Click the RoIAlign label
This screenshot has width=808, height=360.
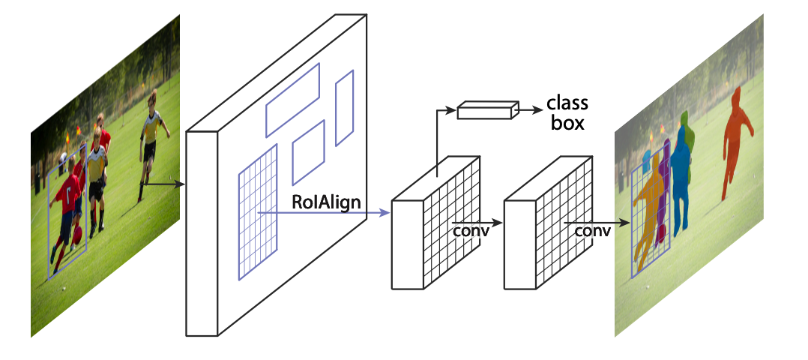(x=326, y=201)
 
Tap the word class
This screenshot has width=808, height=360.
(x=567, y=103)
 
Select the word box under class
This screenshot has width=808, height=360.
(x=567, y=122)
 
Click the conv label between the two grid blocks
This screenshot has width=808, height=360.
(x=471, y=230)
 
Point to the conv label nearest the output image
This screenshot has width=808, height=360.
(x=592, y=230)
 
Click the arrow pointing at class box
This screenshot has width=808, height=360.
(x=529, y=109)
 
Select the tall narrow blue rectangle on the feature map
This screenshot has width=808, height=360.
(x=344, y=108)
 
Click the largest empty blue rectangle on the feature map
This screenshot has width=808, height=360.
(x=292, y=99)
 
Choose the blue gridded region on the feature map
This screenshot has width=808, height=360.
(x=257, y=212)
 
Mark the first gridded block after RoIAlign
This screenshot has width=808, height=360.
(x=435, y=225)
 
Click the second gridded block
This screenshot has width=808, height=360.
(x=547, y=225)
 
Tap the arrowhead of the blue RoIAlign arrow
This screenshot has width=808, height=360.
(x=385, y=213)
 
